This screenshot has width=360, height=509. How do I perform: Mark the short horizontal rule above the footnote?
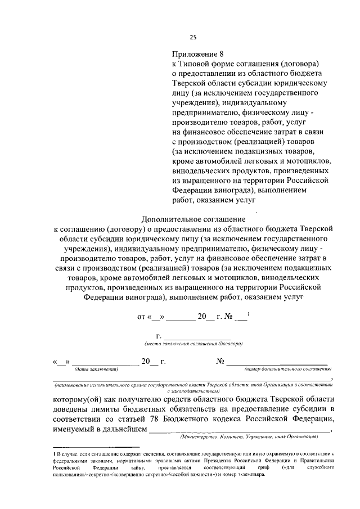click(91, 446)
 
